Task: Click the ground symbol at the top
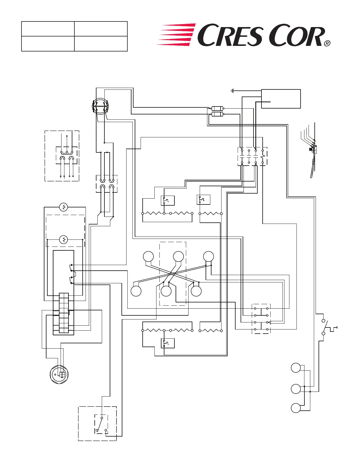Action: click(232, 91)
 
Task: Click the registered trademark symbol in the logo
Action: click(327, 44)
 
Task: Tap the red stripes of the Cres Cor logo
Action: click(176, 34)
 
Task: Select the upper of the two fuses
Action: click(218, 108)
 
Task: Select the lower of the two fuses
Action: click(218, 114)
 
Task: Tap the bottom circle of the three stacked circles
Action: click(296, 408)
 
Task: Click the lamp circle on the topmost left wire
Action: click(64, 207)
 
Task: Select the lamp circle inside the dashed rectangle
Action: click(64, 239)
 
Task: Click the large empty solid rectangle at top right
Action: click(281, 99)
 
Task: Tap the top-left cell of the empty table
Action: click(48, 29)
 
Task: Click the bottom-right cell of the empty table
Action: click(101, 44)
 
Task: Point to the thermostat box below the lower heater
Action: click(167, 343)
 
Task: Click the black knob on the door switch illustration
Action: click(310, 149)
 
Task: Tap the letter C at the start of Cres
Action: click(206, 35)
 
